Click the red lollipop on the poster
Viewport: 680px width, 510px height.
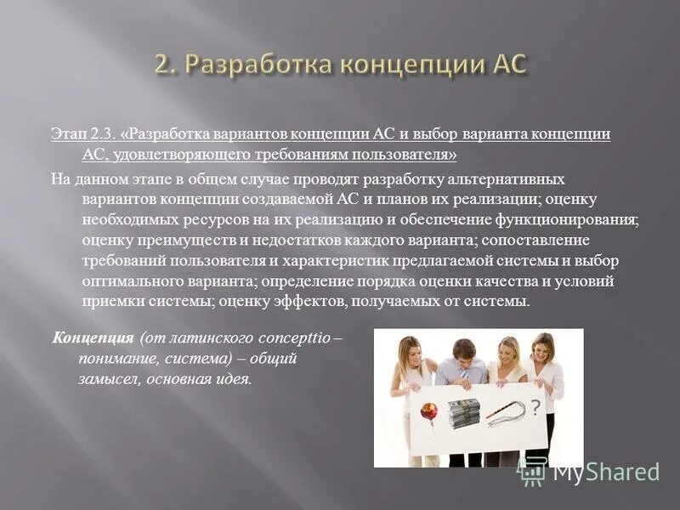(429, 412)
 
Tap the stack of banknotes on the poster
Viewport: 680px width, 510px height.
(464, 413)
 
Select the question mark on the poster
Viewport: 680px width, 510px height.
(535, 408)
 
